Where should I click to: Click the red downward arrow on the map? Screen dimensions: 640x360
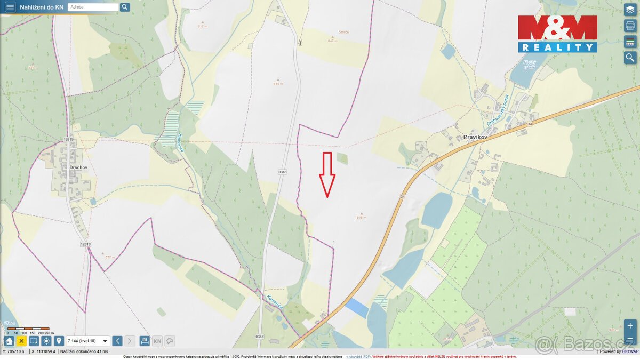pos(327,175)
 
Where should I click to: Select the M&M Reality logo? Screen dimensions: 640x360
pos(557,34)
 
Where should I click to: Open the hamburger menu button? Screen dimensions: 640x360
pos(10,7)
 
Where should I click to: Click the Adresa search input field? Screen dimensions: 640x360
pos(93,7)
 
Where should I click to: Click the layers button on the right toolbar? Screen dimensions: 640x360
pos(630,9)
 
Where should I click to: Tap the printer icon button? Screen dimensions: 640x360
pos(630,26)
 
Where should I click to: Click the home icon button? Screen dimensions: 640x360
pos(9,341)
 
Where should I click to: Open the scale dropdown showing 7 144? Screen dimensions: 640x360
pos(88,341)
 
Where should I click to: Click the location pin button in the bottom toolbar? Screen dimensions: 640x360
pos(59,341)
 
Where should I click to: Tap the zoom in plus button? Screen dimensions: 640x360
pos(630,326)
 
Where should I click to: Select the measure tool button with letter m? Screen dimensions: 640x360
pos(145,341)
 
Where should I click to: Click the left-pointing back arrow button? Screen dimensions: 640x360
pos(117,341)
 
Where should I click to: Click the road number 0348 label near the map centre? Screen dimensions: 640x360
pos(282,172)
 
